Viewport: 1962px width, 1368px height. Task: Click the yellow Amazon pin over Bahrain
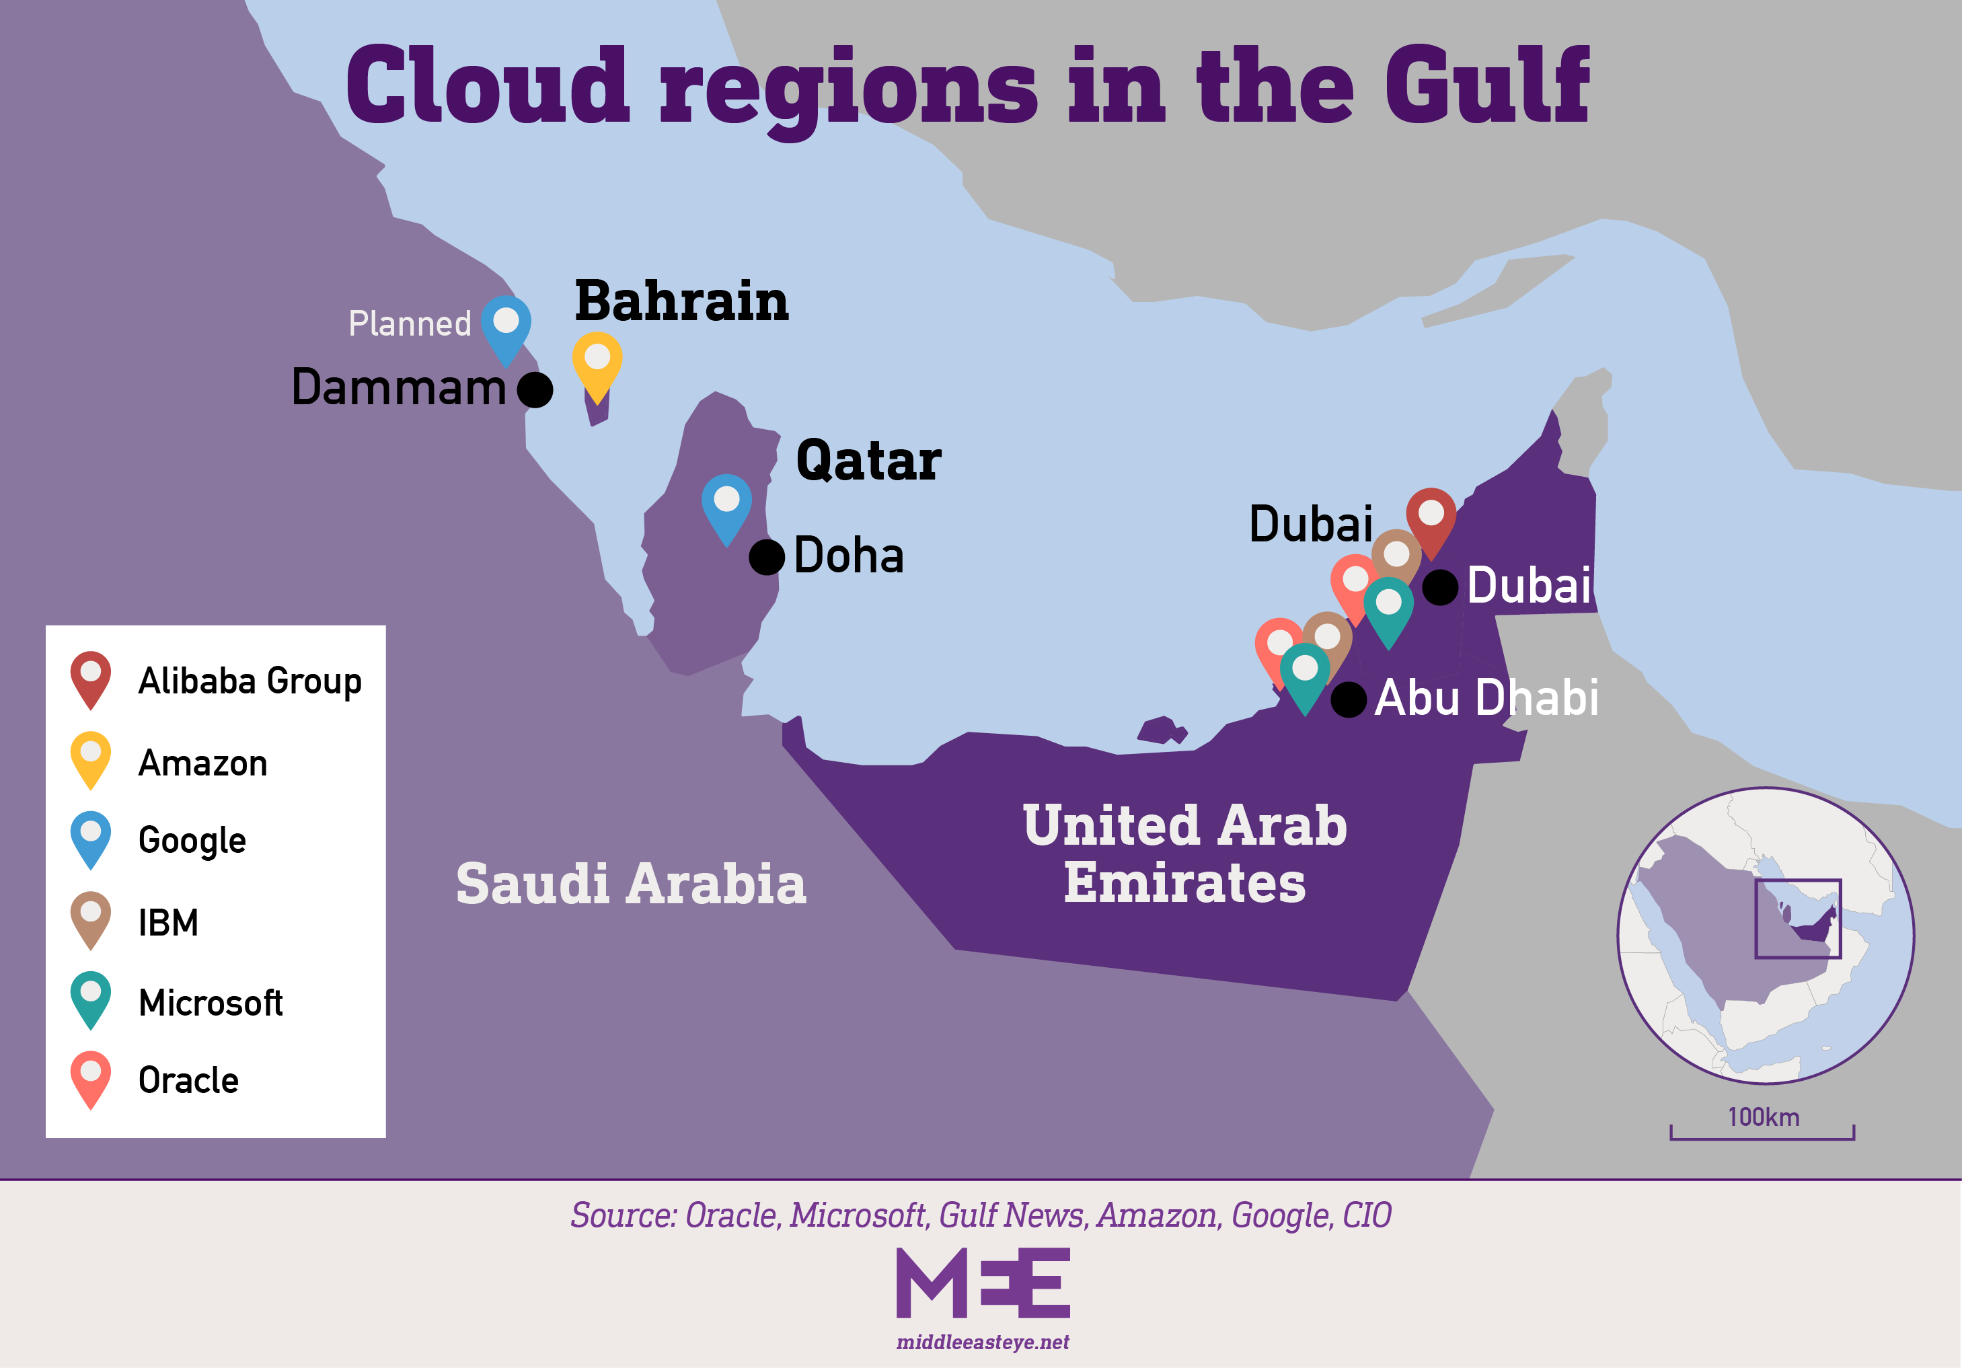click(x=597, y=363)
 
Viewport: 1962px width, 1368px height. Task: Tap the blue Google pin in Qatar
click(x=726, y=505)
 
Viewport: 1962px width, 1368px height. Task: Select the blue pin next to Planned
click(x=506, y=326)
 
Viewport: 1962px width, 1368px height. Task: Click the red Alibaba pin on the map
click(x=1431, y=519)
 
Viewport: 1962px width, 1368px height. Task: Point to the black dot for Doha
click(x=767, y=557)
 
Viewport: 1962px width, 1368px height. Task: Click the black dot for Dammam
click(x=535, y=389)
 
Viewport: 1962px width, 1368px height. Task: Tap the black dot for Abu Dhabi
click(x=1349, y=700)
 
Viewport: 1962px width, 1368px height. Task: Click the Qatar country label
click(x=868, y=461)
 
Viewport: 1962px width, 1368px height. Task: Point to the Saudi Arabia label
click(x=631, y=884)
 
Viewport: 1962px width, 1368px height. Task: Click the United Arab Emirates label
click(x=1184, y=853)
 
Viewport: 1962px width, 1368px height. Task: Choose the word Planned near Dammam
click(x=410, y=324)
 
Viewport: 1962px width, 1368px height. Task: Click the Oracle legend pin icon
click(x=91, y=1077)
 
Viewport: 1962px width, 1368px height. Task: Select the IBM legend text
click(x=168, y=923)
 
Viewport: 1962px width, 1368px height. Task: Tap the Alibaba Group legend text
click(x=250, y=681)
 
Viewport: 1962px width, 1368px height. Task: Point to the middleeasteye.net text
click(x=983, y=1342)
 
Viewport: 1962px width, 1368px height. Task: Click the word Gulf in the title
click(x=1487, y=85)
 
